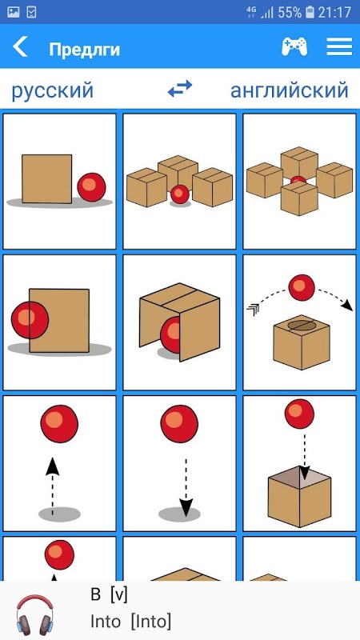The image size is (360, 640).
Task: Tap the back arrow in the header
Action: [20, 46]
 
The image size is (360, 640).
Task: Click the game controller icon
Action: [294, 46]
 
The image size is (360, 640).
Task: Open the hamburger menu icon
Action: [339, 46]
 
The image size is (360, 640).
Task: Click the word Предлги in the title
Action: [85, 50]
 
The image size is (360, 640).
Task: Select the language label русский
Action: [52, 91]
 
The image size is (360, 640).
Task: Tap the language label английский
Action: [290, 90]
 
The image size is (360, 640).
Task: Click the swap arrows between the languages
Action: [180, 89]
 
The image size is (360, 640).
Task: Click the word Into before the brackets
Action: [106, 622]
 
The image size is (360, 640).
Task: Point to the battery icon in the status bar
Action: [310, 12]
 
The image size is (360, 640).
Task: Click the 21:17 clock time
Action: [334, 12]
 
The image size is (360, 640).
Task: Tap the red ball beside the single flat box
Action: [91, 187]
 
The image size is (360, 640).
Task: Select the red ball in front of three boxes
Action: [180, 194]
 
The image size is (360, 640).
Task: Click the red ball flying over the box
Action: [302, 287]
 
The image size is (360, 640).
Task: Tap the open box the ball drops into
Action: [299, 496]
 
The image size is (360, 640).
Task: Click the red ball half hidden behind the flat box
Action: [30, 320]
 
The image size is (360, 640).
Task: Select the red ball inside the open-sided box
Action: [170, 334]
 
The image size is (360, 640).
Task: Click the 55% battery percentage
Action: [290, 12]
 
